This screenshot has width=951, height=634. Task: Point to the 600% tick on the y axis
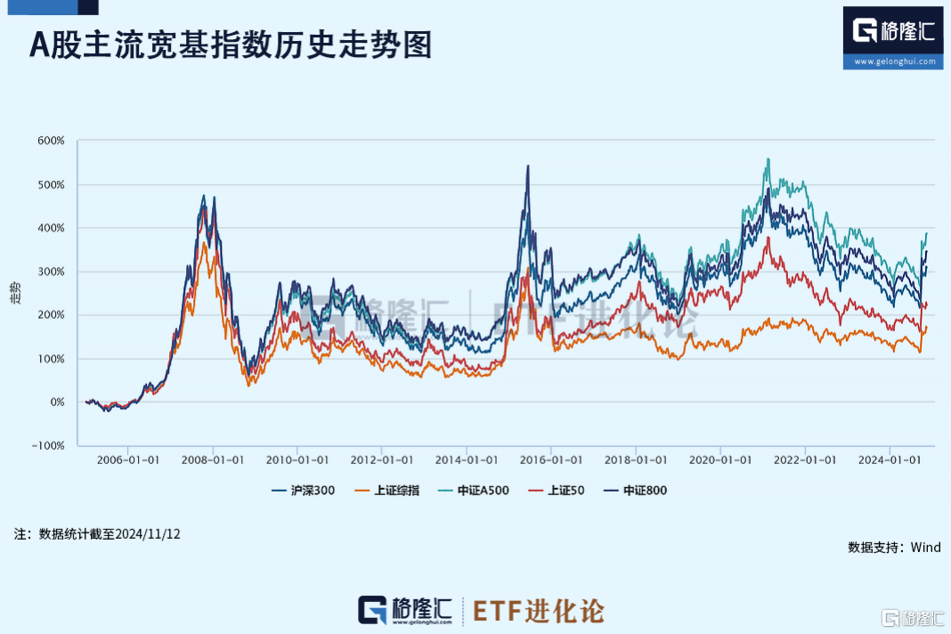point(51,141)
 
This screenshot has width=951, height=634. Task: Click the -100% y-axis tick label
point(49,446)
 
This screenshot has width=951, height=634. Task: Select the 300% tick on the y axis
point(51,272)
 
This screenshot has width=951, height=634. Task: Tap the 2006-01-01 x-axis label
point(127,460)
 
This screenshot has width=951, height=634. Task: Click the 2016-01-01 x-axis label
point(551,460)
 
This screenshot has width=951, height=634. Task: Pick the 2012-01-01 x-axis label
point(381,460)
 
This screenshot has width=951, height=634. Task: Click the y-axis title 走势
point(15,294)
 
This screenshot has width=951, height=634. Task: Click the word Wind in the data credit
point(925,548)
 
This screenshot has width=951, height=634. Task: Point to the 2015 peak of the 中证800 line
point(528,166)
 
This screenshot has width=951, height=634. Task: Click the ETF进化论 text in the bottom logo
point(538,611)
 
